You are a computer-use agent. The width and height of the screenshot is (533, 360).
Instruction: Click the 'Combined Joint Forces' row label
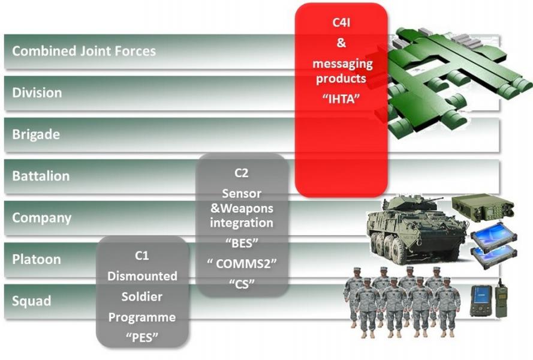(x=84, y=51)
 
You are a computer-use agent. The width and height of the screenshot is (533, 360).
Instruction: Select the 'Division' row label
(x=37, y=92)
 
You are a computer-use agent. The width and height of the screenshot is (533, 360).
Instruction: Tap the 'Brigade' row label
(x=36, y=134)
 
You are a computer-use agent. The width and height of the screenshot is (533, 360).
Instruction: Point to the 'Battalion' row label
(x=41, y=176)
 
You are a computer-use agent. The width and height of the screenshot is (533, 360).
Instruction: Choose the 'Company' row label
(x=42, y=218)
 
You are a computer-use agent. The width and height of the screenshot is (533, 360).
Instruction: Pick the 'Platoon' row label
(x=37, y=259)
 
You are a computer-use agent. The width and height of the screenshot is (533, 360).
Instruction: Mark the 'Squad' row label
(x=32, y=301)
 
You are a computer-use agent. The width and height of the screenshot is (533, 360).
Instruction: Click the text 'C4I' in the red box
(x=341, y=22)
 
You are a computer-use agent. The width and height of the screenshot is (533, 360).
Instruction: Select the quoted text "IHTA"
(x=341, y=99)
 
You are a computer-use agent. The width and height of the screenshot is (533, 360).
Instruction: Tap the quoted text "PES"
(x=142, y=338)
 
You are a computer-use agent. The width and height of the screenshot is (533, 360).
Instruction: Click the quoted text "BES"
(x=242, y=243)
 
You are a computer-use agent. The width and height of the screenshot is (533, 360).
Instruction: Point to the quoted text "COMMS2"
(x=242, y=263)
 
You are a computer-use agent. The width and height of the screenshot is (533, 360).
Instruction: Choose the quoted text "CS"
(x=242, y=283)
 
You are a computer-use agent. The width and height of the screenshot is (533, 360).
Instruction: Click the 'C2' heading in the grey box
(x=242, y=173)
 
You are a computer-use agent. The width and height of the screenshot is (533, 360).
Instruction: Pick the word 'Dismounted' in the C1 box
(x=142, y=276)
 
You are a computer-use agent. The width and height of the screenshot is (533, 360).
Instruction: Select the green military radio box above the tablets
(x=483, y=208)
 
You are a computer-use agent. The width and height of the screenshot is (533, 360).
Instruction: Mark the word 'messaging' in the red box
(x=343, y=64)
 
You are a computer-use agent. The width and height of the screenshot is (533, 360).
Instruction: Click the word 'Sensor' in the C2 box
(x=242, y=194)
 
